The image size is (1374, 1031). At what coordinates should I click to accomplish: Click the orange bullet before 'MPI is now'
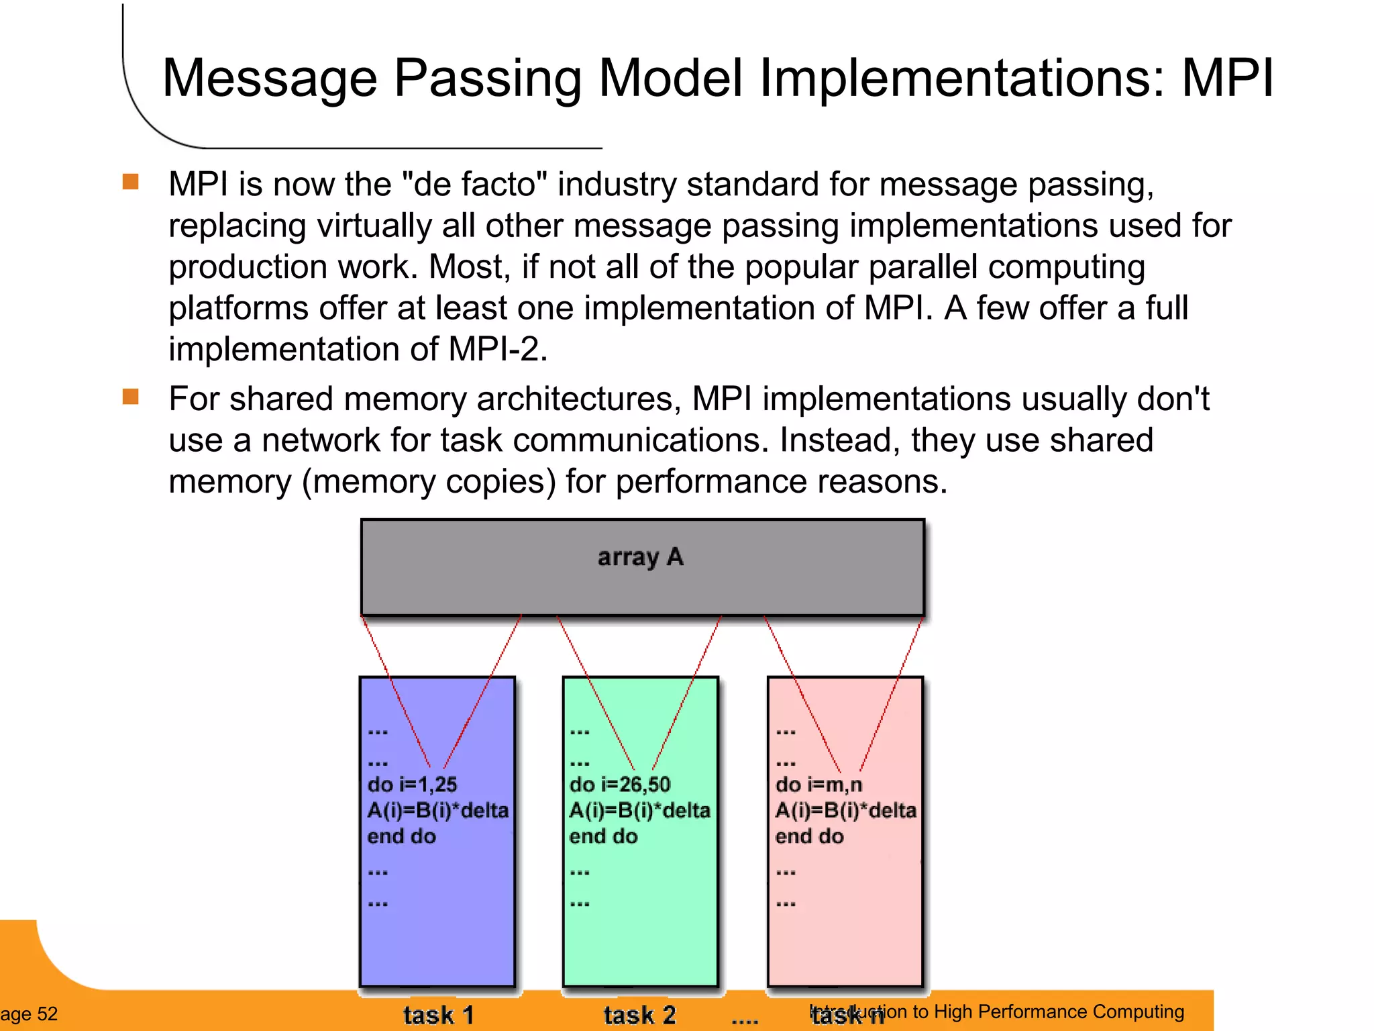pyautogui.click(x=131, y=182)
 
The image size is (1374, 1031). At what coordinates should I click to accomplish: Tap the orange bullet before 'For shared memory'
pyautogui.click(x=131, y=397)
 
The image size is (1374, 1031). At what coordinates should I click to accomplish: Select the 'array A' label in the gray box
pyautogui.click(x=640, y=557)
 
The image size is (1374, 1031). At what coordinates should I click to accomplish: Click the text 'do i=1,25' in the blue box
pyautogui.click(x=412, y=784)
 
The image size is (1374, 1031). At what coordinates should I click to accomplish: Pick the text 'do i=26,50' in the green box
pyautogui.click(x=619, y=784)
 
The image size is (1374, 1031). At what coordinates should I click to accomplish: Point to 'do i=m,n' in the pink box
pyautogui.click(x=818, y=784)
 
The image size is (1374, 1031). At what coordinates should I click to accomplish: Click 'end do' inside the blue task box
pyautogui.click(x=401, y=836)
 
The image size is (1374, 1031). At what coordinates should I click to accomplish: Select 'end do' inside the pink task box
pyautogui.click(x=809, y=836)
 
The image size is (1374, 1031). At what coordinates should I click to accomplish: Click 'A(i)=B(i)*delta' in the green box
pyautogui.click(x=639, y=810)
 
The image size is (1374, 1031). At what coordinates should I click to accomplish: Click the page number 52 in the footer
pyautogui.click(x=47, y=1014)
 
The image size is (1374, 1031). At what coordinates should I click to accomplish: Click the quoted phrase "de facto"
pyautogui.click(x=474, y=185)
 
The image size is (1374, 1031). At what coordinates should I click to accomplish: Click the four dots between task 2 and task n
pyautogui.click(x=744, y=1021)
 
